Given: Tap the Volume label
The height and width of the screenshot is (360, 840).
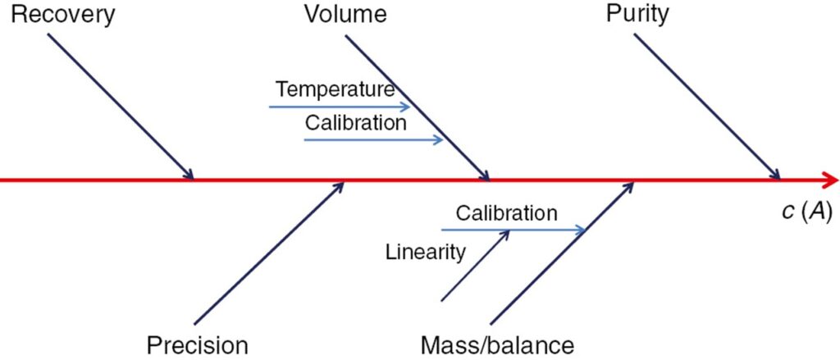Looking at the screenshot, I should tap(345, 14).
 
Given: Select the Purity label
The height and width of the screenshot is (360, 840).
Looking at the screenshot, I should tap(637, 14).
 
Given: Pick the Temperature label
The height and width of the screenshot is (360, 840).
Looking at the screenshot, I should tap(335, 89).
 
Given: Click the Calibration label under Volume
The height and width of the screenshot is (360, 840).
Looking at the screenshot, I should tap(355, 123).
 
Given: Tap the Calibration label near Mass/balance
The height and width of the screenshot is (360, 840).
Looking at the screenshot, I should tap(506, 214).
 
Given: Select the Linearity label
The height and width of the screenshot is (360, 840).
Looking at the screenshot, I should tap(425, 252).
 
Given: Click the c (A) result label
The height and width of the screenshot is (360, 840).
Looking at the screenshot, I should tap(806, 211).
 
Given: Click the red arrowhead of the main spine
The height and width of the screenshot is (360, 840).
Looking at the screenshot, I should tap(832, 180).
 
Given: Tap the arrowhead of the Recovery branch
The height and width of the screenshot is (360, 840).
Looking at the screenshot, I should tap(189, 175).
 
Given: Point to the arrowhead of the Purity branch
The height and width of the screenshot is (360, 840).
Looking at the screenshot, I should tap(774, 175).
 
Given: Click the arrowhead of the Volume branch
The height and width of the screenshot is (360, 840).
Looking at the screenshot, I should tap(485, 175).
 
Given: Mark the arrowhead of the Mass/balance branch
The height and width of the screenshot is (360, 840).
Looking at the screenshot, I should tap(630, 186).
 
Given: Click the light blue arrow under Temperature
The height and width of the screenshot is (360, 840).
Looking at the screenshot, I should tap(340, 107).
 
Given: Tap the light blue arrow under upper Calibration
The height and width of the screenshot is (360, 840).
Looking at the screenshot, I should tap(373, 140).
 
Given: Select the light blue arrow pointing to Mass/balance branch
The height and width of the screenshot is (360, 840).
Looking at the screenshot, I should tap(513, 230).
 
